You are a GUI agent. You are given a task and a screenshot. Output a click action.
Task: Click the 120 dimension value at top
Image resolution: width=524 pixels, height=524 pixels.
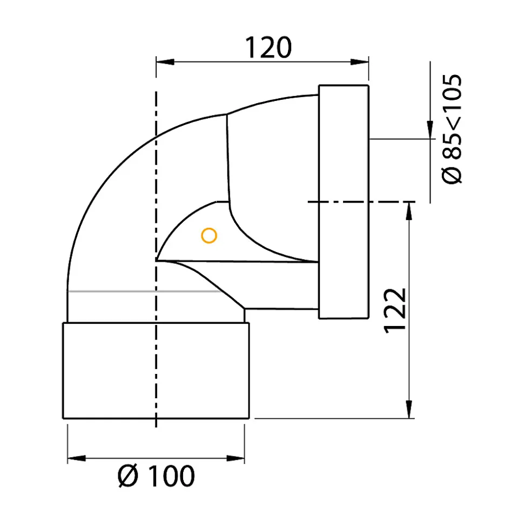(268, 47)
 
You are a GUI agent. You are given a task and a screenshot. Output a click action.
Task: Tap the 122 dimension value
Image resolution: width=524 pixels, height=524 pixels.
(395, 310)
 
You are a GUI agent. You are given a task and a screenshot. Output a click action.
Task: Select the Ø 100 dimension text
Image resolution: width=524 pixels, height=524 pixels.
(156, 475)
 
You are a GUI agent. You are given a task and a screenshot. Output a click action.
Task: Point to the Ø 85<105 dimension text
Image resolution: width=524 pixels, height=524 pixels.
(452, 129)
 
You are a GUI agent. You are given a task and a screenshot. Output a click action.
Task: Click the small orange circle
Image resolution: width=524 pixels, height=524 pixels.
(209, 236)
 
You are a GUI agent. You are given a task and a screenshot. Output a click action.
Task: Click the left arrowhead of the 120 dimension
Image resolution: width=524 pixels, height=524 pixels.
(165, 62)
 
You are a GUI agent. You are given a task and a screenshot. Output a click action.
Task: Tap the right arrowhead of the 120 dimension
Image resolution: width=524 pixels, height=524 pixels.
(359, 62)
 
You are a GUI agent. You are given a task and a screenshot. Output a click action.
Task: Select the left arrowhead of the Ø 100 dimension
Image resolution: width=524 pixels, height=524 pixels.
(77, 458)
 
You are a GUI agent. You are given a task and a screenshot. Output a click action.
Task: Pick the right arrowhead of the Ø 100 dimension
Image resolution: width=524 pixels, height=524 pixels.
(236, 458)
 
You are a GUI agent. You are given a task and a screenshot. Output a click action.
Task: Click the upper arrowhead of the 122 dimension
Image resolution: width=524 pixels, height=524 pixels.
(409, 211)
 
